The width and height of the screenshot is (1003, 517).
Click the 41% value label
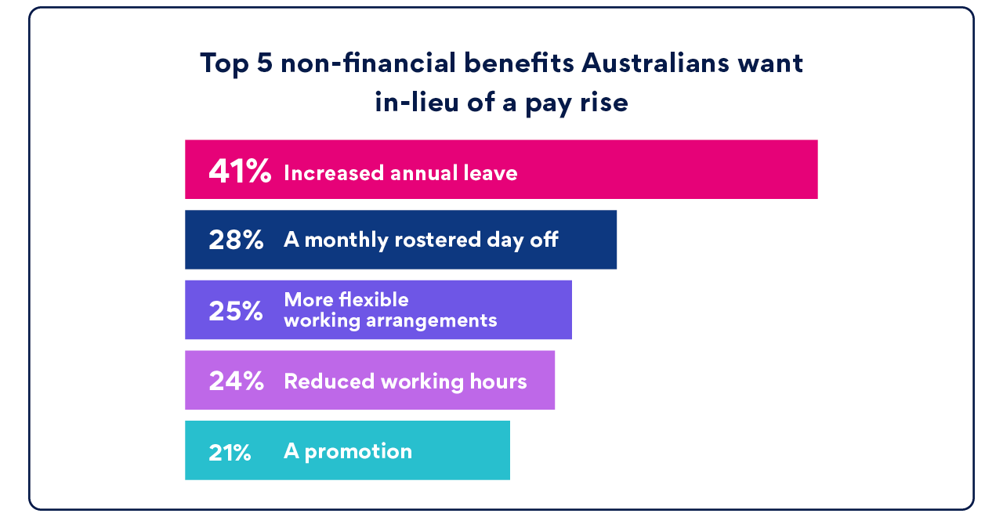(x=240, y=171)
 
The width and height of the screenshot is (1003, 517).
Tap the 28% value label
(x=236, y=240)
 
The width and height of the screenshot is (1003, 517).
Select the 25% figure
(x=236, y=311)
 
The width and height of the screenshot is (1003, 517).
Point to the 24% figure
(x=236, y=381)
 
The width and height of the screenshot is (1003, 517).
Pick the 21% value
(x=230, y=452)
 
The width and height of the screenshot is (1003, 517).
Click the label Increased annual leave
(x=400, y=173)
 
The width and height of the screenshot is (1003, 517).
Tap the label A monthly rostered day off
(x=421, y=240)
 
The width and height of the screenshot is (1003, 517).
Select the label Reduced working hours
(x=405, y=381)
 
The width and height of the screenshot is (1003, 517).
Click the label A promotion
(x=348, y=452)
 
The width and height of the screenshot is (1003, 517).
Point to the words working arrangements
(x=390, y=320)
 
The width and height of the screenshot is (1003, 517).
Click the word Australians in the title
(x=656, y=63)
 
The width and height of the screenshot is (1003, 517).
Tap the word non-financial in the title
(x=368, y=63)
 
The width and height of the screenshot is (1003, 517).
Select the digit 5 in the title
(x=265, y=63)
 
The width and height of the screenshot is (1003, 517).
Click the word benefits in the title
(x=519, y=63)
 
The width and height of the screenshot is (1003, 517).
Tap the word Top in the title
(x=224, y=63)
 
